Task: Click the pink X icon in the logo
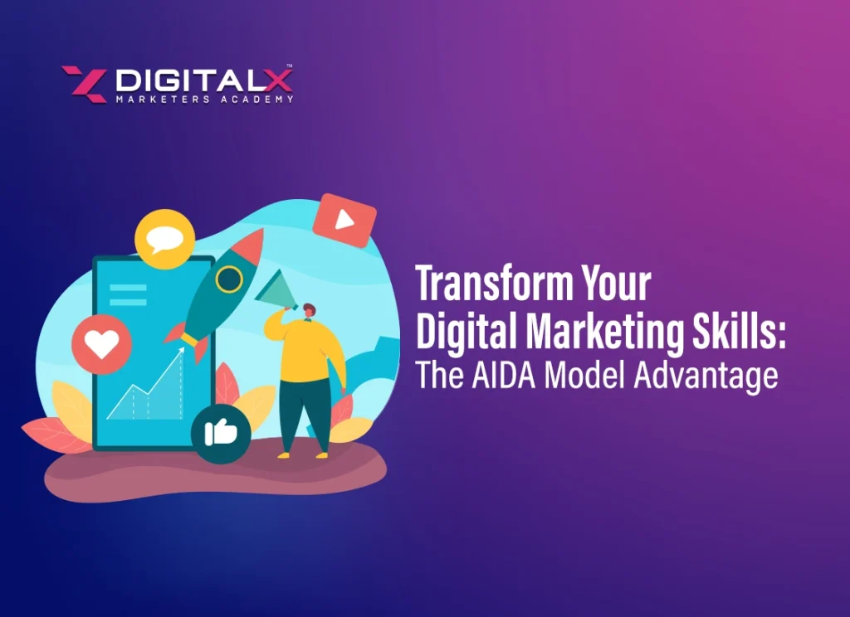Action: (84, 84)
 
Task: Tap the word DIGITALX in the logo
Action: (203, 80)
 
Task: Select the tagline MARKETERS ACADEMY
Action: (203, 100)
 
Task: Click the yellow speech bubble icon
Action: (164, 239)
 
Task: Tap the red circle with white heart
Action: (101, 344)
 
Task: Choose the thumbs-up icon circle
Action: (220, 433)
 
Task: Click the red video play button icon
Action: (344, 220)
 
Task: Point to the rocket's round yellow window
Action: (228, 279)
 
